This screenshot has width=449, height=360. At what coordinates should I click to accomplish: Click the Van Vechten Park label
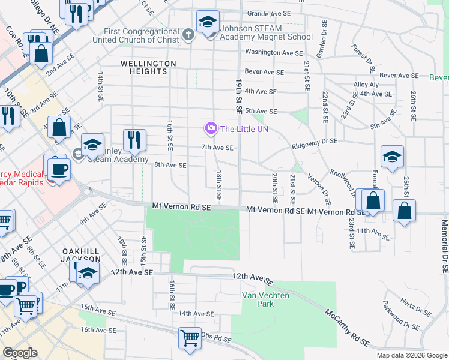click(266, 299)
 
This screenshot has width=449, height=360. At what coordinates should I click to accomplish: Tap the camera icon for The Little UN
click(210, 128)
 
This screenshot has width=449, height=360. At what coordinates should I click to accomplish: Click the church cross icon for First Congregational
click(188, 34)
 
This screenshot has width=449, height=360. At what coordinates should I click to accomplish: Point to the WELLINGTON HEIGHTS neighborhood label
click(148, 67)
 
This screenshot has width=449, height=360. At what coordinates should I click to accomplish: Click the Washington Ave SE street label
click(273, 53)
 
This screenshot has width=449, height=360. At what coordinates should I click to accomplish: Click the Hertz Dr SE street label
click(415, 310)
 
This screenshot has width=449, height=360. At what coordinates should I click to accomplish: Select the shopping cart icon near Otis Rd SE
click(190, 338)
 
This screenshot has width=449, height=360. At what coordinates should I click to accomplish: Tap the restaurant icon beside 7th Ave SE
click(135, 140)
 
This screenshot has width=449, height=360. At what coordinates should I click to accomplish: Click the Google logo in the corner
click(20, 352)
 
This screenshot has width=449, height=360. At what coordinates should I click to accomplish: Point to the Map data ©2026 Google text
click(412, 355)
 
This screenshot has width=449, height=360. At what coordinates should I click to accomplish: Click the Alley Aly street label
click(366, 85)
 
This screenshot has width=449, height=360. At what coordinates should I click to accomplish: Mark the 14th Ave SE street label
click(196, 313)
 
